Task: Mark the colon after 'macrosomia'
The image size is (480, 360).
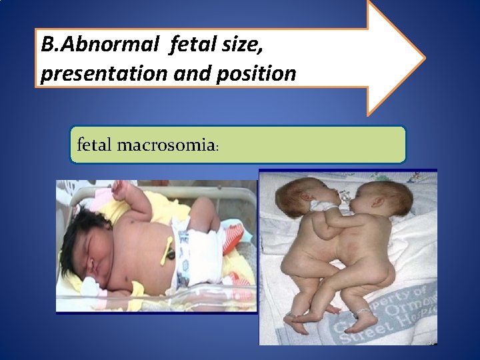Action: (x=215, y=147)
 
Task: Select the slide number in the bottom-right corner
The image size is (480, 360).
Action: (x=430, y=341)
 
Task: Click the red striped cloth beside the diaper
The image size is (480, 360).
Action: (x=235, y=238)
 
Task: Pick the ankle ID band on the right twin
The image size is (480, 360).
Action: (x=362, y=311)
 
